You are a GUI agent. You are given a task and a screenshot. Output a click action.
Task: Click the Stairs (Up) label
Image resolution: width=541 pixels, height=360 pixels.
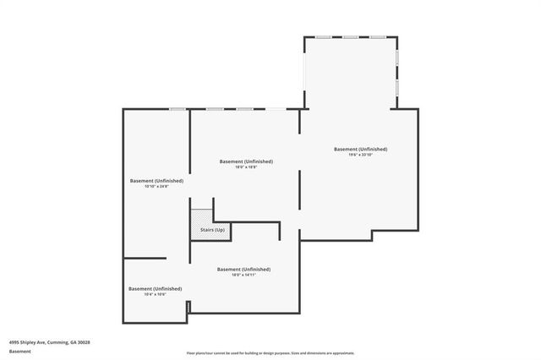pos(211,230)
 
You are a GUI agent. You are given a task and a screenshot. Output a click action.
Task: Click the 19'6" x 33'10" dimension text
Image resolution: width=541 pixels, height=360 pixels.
pos(360,155)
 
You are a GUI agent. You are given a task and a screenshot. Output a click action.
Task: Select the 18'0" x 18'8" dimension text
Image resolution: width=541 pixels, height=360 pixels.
pos(245,167)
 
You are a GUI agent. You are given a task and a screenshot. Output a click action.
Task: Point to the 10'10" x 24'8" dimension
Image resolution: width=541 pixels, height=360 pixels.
pos(156,186)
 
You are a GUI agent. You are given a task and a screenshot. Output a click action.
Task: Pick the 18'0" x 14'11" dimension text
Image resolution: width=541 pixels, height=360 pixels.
pos(243,275)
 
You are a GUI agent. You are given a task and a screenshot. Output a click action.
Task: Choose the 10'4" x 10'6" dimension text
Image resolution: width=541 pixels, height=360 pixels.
pos(155,294)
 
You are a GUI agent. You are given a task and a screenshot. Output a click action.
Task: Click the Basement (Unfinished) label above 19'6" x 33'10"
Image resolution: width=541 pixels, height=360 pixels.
pos(360,149)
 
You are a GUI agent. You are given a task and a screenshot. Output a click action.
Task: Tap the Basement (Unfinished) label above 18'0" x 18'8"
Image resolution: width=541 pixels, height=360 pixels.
pos(245,161)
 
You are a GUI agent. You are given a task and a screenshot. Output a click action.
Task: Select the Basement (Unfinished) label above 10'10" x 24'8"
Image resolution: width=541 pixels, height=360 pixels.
pos(156,180)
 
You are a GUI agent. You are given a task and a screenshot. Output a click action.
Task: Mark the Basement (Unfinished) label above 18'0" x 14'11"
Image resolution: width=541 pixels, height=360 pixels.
pos(243,269)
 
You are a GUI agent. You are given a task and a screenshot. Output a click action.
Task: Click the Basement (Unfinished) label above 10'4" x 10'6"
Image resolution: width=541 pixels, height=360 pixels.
pos(155,288)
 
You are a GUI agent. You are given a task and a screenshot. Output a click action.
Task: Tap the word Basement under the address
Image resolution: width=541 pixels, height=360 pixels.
pos(20,351)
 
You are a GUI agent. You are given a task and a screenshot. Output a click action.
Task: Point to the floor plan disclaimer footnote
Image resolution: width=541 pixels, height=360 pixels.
pos(270,353)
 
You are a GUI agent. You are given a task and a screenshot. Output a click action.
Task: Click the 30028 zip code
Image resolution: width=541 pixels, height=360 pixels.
pos(83,342)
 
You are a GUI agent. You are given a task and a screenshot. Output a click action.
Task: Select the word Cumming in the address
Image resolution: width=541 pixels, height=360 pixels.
pos(57,342)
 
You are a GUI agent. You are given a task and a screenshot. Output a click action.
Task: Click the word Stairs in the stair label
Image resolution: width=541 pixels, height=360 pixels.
pos(205,230)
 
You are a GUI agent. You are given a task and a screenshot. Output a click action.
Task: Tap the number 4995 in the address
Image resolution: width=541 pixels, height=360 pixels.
pos(14,342)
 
